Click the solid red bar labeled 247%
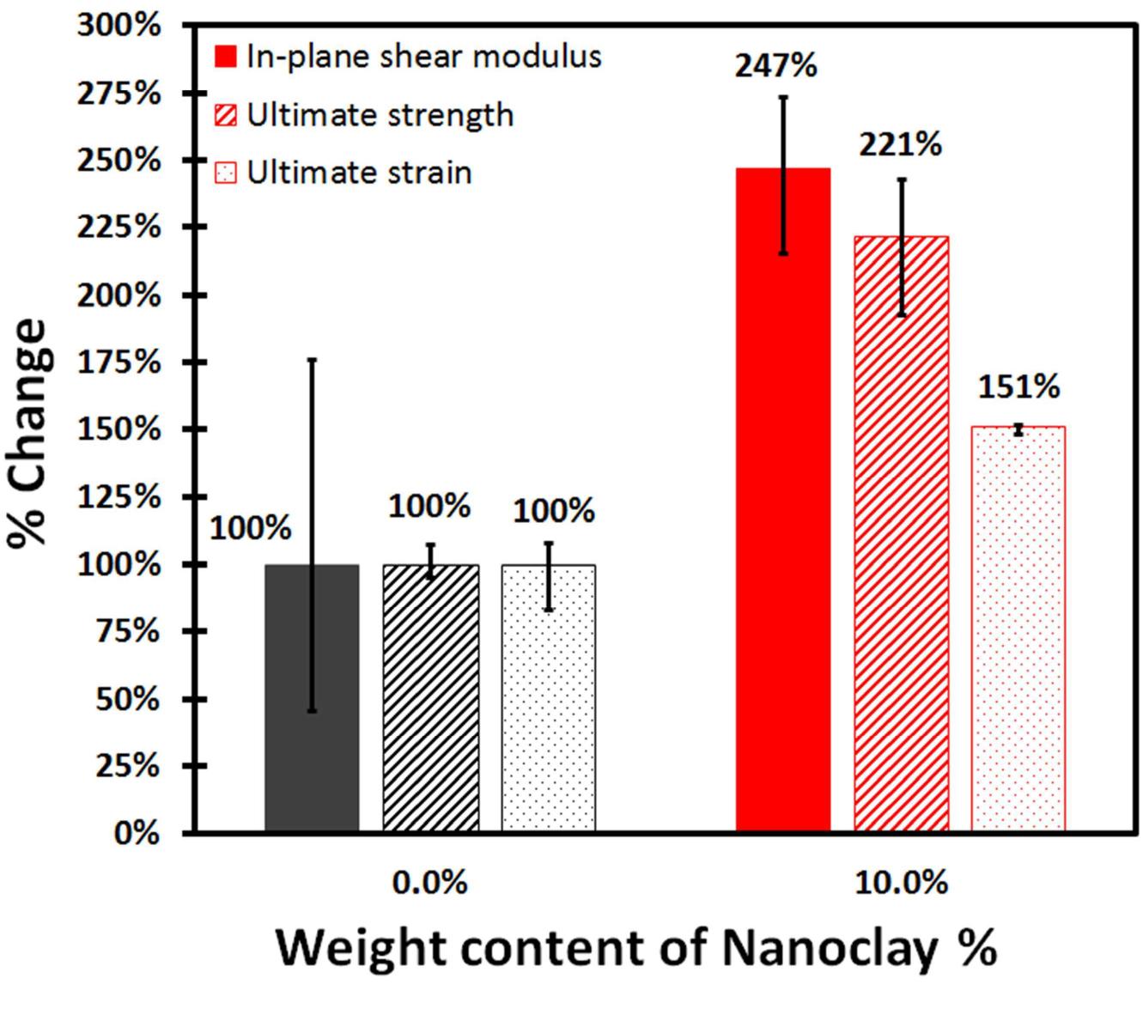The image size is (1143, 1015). pos(783,515)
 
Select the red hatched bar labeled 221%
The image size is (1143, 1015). pos(901,550)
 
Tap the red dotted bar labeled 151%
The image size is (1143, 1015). pos(1018,635)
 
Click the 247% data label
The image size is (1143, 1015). pos(775,65)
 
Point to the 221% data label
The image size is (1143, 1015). pos(900,144)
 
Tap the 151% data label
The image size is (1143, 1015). pos(1018,387)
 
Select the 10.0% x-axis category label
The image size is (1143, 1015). pos(901,882)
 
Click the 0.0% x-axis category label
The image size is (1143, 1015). pos(429,882)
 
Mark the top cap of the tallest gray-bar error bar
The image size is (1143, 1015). pos(312,360)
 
